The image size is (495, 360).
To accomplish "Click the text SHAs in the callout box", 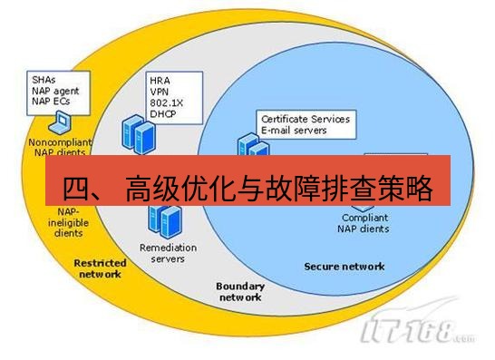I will click(x=42, y=80).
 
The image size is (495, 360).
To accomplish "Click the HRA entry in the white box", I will click(x=160, y=79).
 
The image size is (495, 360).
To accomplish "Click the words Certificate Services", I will click(x=305, y=119).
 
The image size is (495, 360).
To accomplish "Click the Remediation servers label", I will click(x=162, y=252).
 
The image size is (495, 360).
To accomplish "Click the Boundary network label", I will click(x=239, y=291).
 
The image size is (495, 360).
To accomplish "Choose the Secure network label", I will click(x=344, y=266).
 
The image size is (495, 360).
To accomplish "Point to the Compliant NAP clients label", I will click(x=365, y=223).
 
